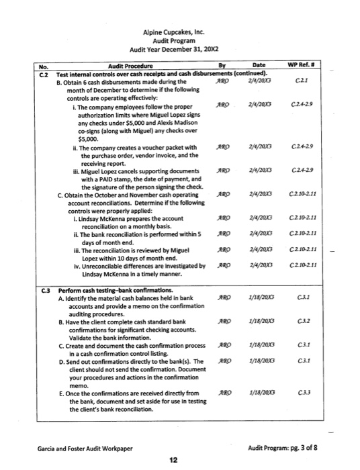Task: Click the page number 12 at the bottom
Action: (173, 459)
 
